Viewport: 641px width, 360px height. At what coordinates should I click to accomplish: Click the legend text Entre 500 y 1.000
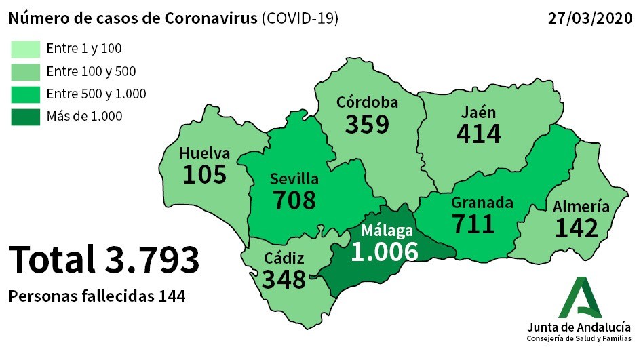[96, 94]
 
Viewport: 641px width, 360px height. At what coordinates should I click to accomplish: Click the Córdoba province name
[367, 103]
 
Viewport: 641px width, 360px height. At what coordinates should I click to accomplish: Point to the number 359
[367, 124]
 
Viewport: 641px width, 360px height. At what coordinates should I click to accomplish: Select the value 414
[479, 134]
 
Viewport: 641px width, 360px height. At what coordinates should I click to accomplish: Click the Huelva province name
[204, 153]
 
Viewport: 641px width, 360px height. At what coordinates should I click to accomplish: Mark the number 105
[204, 174]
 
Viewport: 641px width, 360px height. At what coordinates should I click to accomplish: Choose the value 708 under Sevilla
[294, 200]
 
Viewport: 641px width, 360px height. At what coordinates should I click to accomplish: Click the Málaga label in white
[387, 231]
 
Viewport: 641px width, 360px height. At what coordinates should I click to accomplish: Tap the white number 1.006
[385, 252]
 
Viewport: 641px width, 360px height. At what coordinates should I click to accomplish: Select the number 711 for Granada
[473, 224]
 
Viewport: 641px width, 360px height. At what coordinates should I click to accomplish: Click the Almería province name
[580, 207]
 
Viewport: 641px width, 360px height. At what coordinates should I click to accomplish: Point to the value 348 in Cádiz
[284, 279]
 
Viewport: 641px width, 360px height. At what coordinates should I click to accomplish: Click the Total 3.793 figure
[104, 260]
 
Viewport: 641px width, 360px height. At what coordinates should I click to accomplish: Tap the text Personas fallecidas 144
[97, 296]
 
